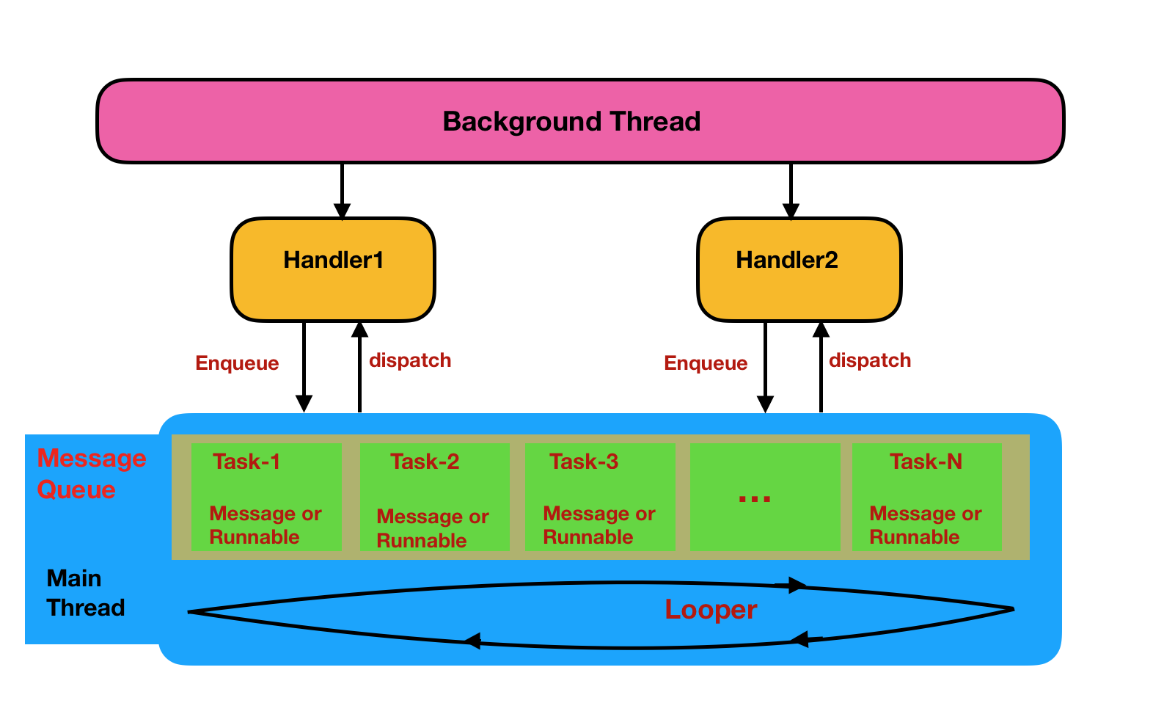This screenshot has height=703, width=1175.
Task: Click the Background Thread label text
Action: (571, 121)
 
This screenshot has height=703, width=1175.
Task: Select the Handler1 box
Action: (333, 269)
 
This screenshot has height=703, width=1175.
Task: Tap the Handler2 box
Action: (799, 269)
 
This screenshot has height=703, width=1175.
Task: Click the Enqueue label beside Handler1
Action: (237, 363)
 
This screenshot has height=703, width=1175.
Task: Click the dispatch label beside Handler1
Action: (410, 360)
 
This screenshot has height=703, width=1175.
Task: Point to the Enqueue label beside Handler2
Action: (706, 363)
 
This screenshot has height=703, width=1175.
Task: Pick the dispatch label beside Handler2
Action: (870, 360)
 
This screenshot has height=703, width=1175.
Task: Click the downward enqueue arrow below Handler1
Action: (304, 367)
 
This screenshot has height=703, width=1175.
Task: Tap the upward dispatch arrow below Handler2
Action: (821, 367)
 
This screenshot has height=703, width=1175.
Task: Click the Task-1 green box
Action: (266, 497)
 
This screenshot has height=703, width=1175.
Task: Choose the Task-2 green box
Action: (434, 497)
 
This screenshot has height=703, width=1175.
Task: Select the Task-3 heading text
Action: (584, 462)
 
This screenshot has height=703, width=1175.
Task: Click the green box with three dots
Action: (764, 497)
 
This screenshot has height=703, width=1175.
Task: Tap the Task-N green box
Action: (926, 497)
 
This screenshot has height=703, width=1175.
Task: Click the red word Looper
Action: (710, 610)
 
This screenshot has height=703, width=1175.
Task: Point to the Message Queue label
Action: (91, 474)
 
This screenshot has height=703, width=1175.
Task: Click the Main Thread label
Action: (85, 593)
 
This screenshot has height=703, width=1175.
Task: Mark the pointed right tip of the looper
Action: (1012, 608)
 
